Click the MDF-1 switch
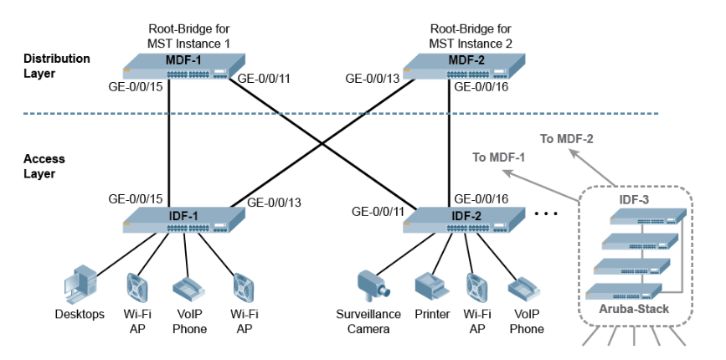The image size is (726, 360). pyautogui.click(x=184, y=66)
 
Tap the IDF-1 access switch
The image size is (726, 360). pyautogui.click(x=183, y=220)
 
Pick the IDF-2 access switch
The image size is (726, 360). pyautogui.click(x=466, y=220)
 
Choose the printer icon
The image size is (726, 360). pyautogui.click(x=432, y=287)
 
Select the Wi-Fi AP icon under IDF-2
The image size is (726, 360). pyautogui.click(x=477, y=287)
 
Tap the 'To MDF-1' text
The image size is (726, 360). pyautogui.click(x=498, y=157)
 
